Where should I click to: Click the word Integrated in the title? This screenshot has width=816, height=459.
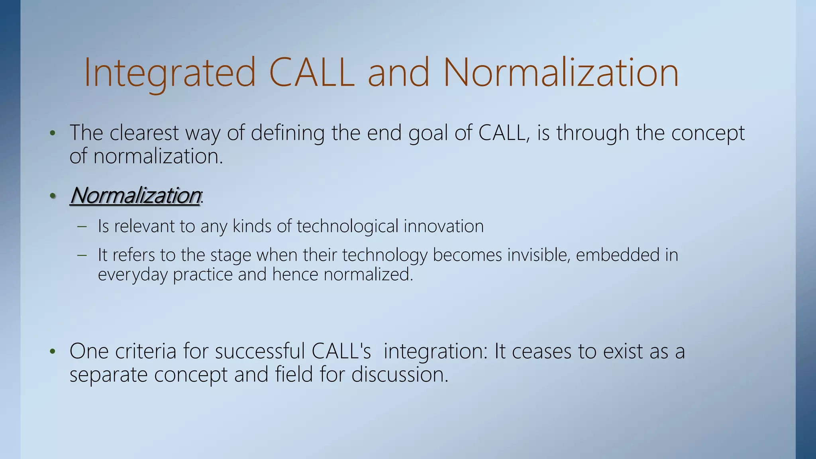click(169, 73)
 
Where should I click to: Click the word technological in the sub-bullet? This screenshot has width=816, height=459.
click(347, 226)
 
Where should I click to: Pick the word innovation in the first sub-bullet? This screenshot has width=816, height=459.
click(443, 226)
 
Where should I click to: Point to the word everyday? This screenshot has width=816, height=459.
click(132, 275)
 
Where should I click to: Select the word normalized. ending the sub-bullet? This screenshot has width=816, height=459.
click(368, 275)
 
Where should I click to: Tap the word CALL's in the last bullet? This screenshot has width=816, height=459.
click(341, 351)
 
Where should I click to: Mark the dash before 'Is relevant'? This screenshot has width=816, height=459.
click(82, 227)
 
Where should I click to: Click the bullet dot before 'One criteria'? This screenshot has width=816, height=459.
click(52, 352)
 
